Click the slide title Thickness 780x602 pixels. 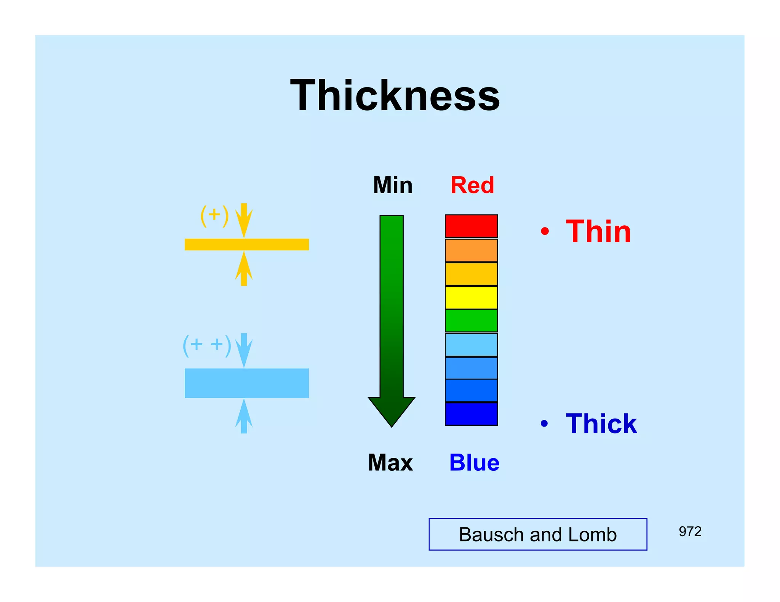pyautogui.click(x=395, y=96)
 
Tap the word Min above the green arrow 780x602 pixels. pyautogui.click(x=393, y=185)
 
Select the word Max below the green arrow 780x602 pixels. pyautogui.click(x=390, y=463)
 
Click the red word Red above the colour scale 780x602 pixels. pyautogui.click(x=472, y=185)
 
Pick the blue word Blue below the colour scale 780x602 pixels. pyautogui.click(x=474, y=463)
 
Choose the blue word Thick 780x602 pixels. pyautogui.click(x=601, y=424)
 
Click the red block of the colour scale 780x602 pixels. pyautogui.click(x=471, y=226)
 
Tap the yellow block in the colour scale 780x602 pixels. pyautogui.click(x=471, y=298)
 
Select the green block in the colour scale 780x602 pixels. pyautogui.click(x=471, y=320)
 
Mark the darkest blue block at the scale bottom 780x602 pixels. pyautogui.click(x=471, y=414)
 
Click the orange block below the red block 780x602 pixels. pyautogui.click(x=471, y=250)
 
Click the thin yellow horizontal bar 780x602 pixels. pyautogui.click(x=246, y=244)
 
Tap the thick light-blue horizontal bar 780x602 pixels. pyautogui.click(x=246, y=383)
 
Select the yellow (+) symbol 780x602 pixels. pyautogui.click(x=214, y=215)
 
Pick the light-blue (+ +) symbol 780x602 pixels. pyautogui.click(x=207, y=345)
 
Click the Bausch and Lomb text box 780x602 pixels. pyautogui.click(x=537, y=534)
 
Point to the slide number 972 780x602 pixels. pyautogui.click(x=690, y=531)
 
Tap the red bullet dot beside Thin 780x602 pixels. pyautogui.click(x=545, y=231)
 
